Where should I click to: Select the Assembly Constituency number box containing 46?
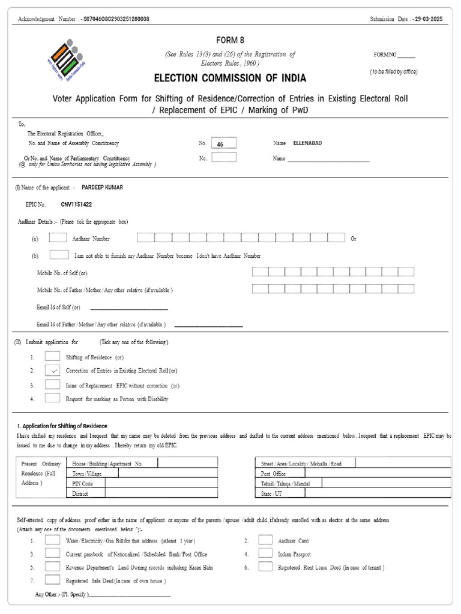[224, 143]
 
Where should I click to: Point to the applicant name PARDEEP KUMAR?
[102, 187]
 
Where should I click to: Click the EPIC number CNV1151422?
[76, 204]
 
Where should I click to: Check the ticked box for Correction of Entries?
[52, 371]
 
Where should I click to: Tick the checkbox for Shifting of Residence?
[52, 357]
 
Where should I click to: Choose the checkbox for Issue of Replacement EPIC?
[52, 385]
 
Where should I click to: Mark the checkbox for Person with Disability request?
[52, 398]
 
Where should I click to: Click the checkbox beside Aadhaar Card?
[265, 540]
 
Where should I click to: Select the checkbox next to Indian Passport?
[265, 553]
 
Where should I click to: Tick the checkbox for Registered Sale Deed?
[52, 580]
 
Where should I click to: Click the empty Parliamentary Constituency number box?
[224, 158]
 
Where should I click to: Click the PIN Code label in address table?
[83, 483]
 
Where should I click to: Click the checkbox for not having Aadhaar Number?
[59, 255]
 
